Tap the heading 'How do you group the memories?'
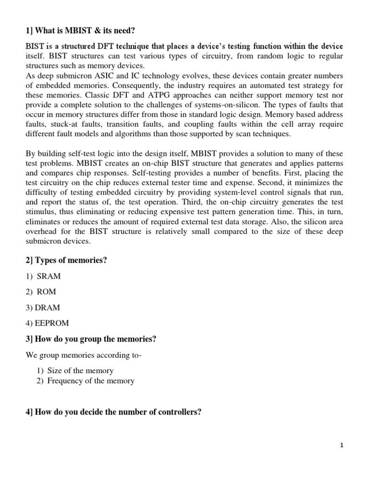coord(91,339)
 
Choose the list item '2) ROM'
coord(41,292)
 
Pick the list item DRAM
coord(43,308)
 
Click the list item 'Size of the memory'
coord(80,370)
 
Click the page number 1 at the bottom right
coord(342,446)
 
